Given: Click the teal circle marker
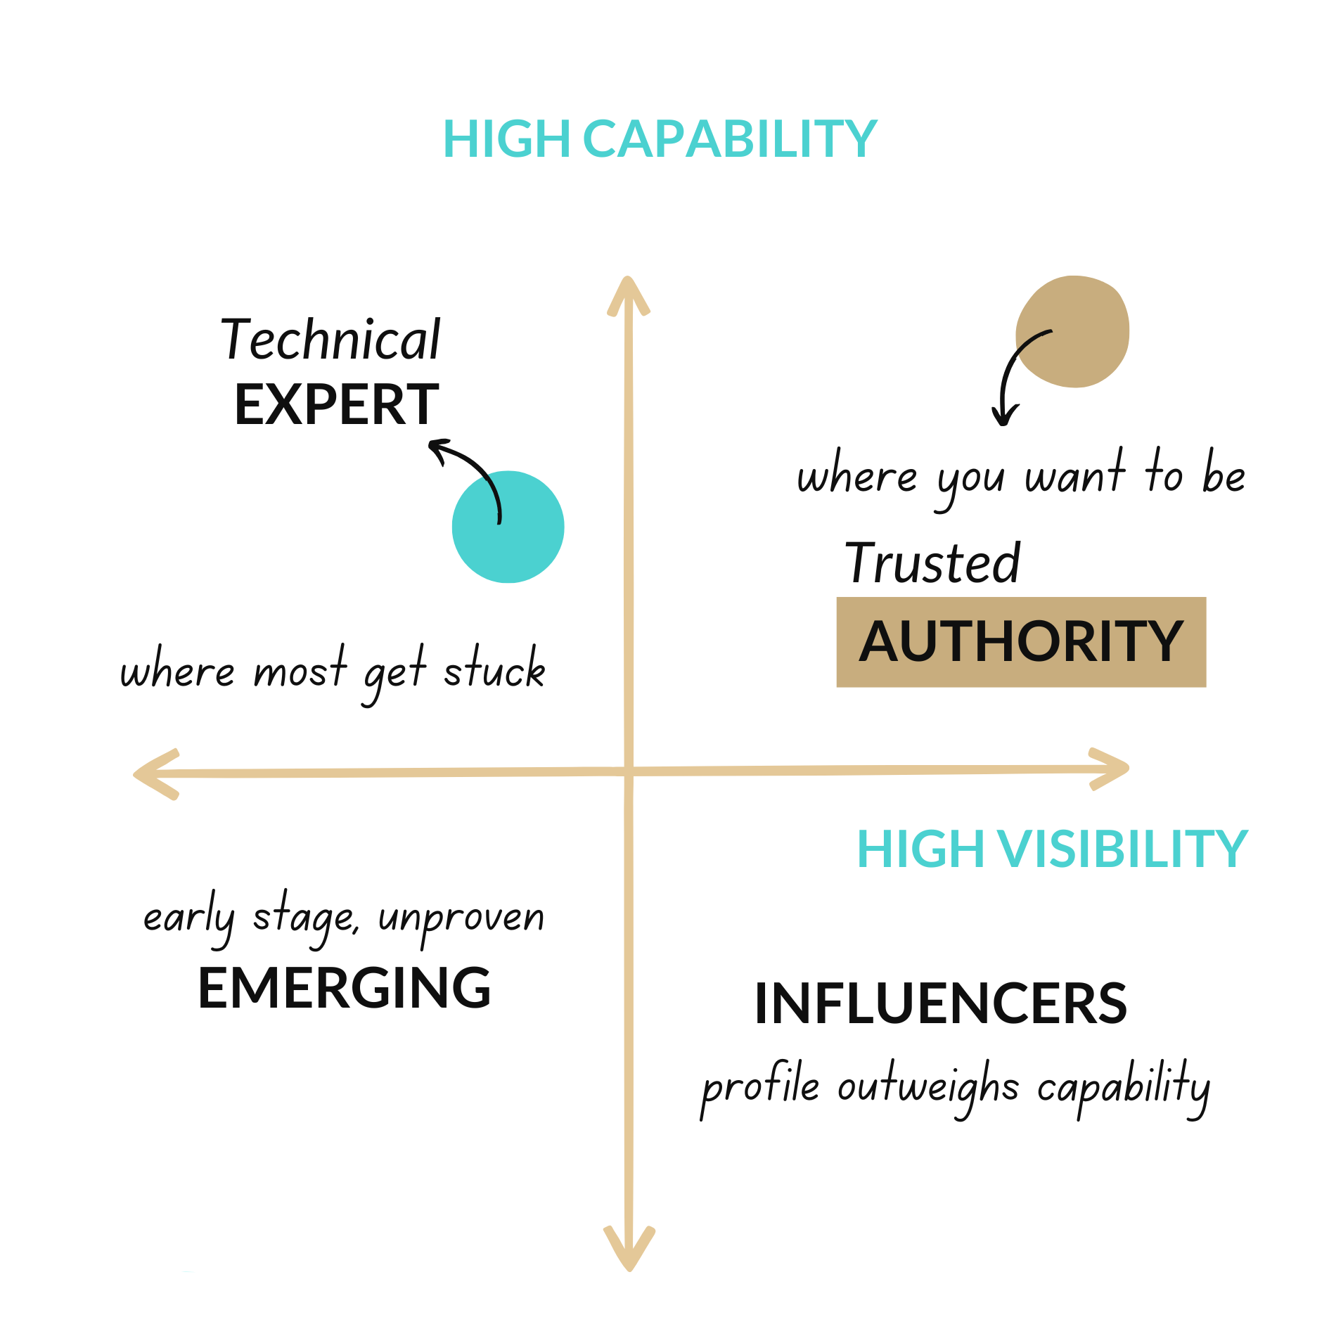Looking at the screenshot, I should coord(508,527).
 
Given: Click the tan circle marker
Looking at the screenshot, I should coord(1073,331).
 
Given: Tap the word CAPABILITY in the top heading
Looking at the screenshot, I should coord(729,139).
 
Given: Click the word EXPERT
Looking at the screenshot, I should coord(336,405).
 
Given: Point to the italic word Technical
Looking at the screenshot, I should coord(330,340).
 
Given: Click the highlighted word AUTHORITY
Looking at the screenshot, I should coord(1020,641).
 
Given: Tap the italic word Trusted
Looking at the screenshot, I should coord(932,563).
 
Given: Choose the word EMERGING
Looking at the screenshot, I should coord(344,988).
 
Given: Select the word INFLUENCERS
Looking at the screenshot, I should coord(940,1003).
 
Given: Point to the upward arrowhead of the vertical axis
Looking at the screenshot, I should coord(628,292).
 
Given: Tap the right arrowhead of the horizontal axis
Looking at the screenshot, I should coord(1111,769).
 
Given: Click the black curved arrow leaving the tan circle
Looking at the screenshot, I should coord(1010,373).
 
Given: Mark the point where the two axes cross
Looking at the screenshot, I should coord(629,771).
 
